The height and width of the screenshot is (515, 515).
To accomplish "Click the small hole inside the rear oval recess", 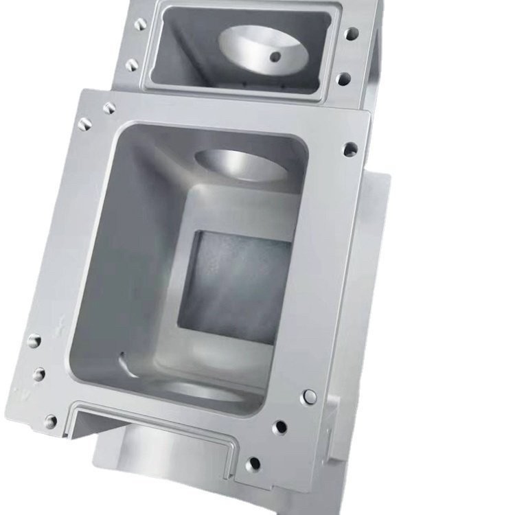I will click(x=275, y=57).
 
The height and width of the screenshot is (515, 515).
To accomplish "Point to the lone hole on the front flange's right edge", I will click(x=350, y=149).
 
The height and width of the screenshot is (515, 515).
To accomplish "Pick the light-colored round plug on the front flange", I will click(x=310, y=396).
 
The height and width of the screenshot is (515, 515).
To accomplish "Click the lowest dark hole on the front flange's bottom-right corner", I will click(x=253, y=464).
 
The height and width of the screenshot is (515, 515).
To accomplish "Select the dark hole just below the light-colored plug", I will click(x=279, y=427).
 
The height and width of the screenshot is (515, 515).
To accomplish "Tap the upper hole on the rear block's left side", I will click(x=141, y=25).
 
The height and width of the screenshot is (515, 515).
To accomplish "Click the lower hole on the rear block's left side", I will click(x=132, y=65).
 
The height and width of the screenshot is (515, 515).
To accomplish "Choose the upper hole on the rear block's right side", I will click(x=351, y=34).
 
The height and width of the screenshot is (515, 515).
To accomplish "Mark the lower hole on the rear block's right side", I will click(x=343, y=79).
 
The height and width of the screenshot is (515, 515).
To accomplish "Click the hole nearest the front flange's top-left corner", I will click(x=85, y=124).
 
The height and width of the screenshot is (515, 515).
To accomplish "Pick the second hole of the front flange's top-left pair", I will click(x=109, y=108).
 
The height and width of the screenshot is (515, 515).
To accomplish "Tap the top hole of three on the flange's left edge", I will click(x=33, y=341).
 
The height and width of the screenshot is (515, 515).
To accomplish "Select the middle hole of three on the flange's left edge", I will click(x=39, y=374).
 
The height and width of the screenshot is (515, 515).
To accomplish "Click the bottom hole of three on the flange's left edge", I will click(x=50, y=421).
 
